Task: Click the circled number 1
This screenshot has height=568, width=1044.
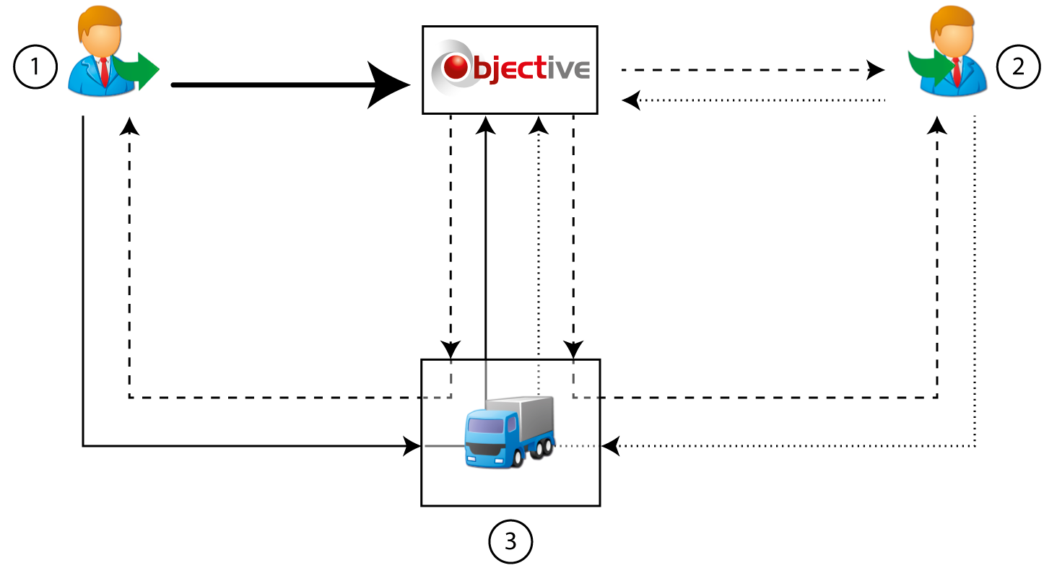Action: tap(34, 68)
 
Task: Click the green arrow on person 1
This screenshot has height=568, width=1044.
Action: tap(139, 70)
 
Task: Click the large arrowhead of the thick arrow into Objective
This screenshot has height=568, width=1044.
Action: tap(391, 85)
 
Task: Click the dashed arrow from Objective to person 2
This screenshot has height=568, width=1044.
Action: tap(751, 70)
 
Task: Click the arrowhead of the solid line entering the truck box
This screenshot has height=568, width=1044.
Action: tap(414, 447)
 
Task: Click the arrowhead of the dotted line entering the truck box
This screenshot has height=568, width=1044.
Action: tap(609, 447)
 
